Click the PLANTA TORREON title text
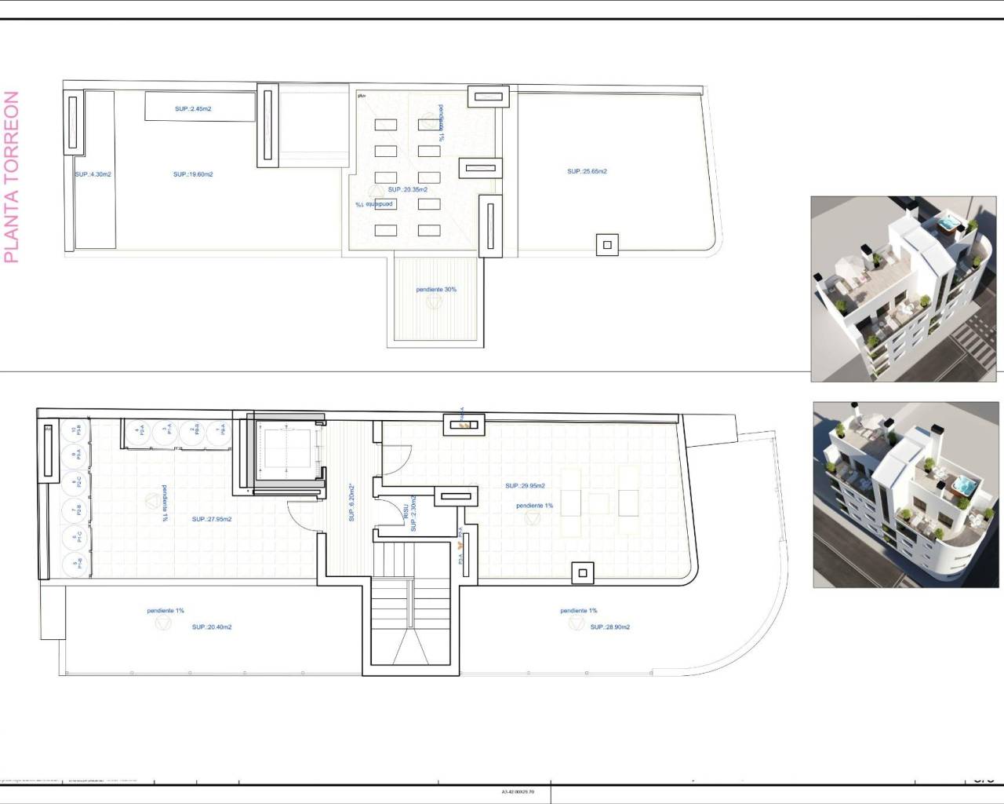coord(11,177)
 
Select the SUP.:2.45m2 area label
coord(193,109)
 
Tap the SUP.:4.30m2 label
coord(93,174)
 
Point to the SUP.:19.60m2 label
coord(193,174)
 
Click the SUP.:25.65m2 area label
coord(587,171)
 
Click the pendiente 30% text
coord(436,290)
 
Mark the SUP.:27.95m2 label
coord(212,519)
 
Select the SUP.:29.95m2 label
coord(525,486)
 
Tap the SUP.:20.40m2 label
coord(212,627)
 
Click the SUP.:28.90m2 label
coord(610,627)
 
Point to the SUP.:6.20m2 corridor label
coord(352,502)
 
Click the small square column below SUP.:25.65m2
coord(606,245)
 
